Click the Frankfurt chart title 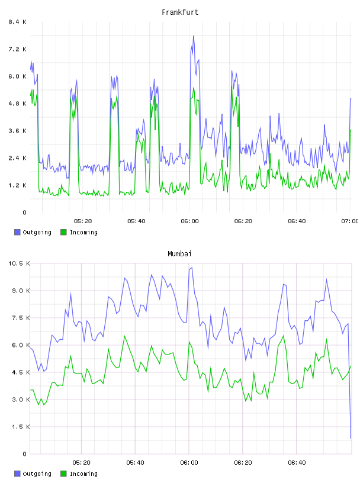(180, 12)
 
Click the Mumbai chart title (179, 254)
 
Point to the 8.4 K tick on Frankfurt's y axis (18, 22)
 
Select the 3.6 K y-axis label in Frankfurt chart (18, 131)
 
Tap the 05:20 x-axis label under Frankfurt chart (83, 221)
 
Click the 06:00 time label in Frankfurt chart (190, 221)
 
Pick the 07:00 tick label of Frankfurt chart (350, 221)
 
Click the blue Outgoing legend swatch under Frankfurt (17, 232)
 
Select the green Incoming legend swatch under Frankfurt (63, 232)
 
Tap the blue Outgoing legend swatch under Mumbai (17, 474)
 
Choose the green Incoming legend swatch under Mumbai (63, 474)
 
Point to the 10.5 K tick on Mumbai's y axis (19, 263)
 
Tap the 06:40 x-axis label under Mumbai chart (297, 463)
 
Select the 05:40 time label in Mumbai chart (136, 463)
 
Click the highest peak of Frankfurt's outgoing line (194, 36)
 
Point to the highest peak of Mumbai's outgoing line (192, 268)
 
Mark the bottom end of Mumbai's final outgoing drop (351, 438)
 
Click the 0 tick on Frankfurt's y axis (25, 212)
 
